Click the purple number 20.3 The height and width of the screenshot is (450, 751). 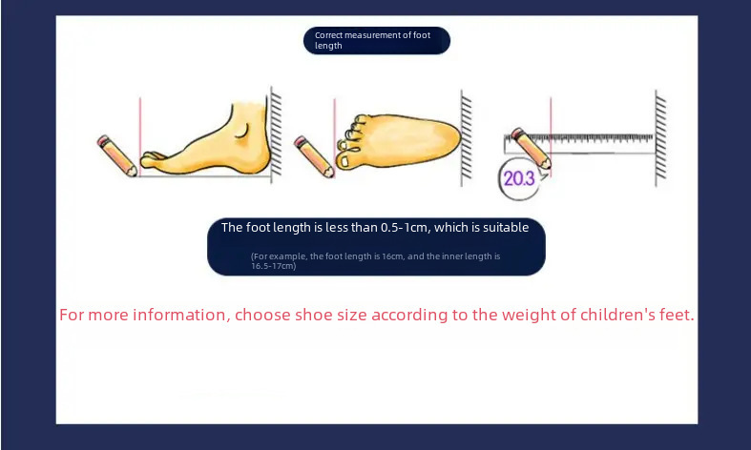[x=519, y=178]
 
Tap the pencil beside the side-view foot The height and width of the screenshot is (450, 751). [x=116, y=155]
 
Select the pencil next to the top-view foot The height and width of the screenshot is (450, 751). [x=314, y=156]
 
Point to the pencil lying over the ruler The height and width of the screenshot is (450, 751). [x=532, y=148]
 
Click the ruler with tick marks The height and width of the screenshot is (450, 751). [x=579, y=144]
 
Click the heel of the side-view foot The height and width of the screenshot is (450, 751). [x=261, y=159]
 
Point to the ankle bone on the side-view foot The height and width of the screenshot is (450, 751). [x=242, y=132]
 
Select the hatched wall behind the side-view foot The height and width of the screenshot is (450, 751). [x=276, y=135]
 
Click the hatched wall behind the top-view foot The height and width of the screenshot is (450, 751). [x=466, y=138]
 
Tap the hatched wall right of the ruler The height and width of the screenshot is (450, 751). [x=660, y=138]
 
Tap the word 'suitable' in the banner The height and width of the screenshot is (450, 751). [x=505, y=228]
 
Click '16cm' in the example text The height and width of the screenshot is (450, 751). [x=392, y=256]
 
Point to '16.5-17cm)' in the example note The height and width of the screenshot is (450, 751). [x=274, y=266]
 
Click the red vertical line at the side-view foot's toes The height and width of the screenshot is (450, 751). [x=140, y=136]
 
